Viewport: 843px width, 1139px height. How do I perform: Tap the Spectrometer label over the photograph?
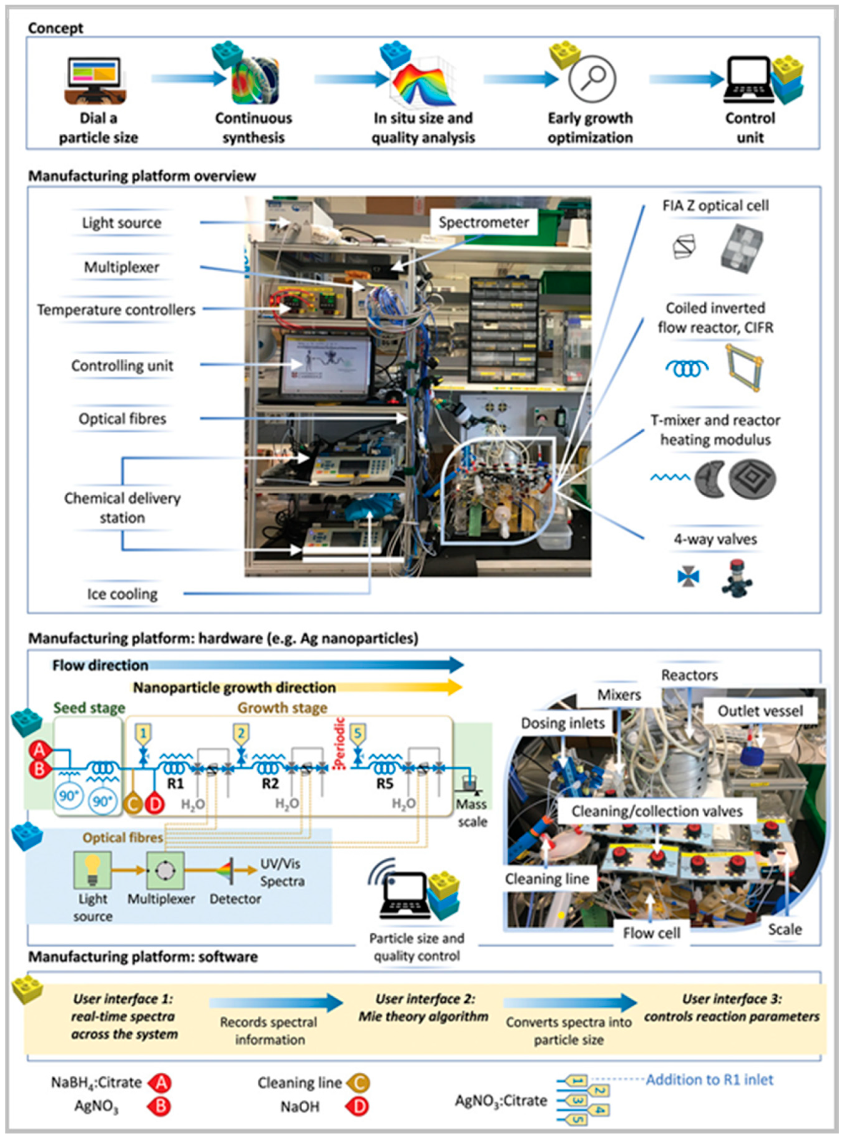click(x=484, y=222)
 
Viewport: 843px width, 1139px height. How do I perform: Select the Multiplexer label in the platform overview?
click(x=121, y=267)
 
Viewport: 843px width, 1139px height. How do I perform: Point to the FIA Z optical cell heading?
click(x=715, y=206)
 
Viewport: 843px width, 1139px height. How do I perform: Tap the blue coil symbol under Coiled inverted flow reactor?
click(x=687, y=367)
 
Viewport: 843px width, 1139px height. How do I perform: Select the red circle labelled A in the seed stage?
click(x=39, y=750)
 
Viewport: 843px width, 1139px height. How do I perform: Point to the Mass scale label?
click(x=471, y=812)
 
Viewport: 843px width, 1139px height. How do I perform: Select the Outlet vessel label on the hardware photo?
click(x=760, y=711)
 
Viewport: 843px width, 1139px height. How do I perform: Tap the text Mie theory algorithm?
click(x=423, y=1016)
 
